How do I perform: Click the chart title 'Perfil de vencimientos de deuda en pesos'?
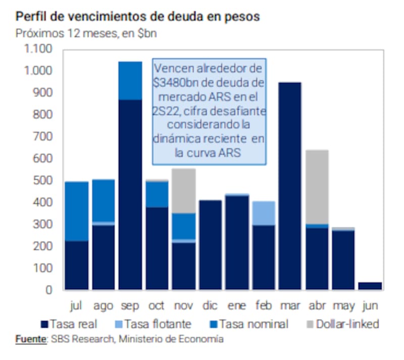point(138,16)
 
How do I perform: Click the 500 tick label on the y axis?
point(42,181)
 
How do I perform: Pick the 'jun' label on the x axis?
point(370,306)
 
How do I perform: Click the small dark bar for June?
point(370,286)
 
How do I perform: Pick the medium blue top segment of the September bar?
point(130,81)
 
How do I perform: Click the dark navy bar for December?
point(210,245)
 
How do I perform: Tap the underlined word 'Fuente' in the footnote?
point(31,339)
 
